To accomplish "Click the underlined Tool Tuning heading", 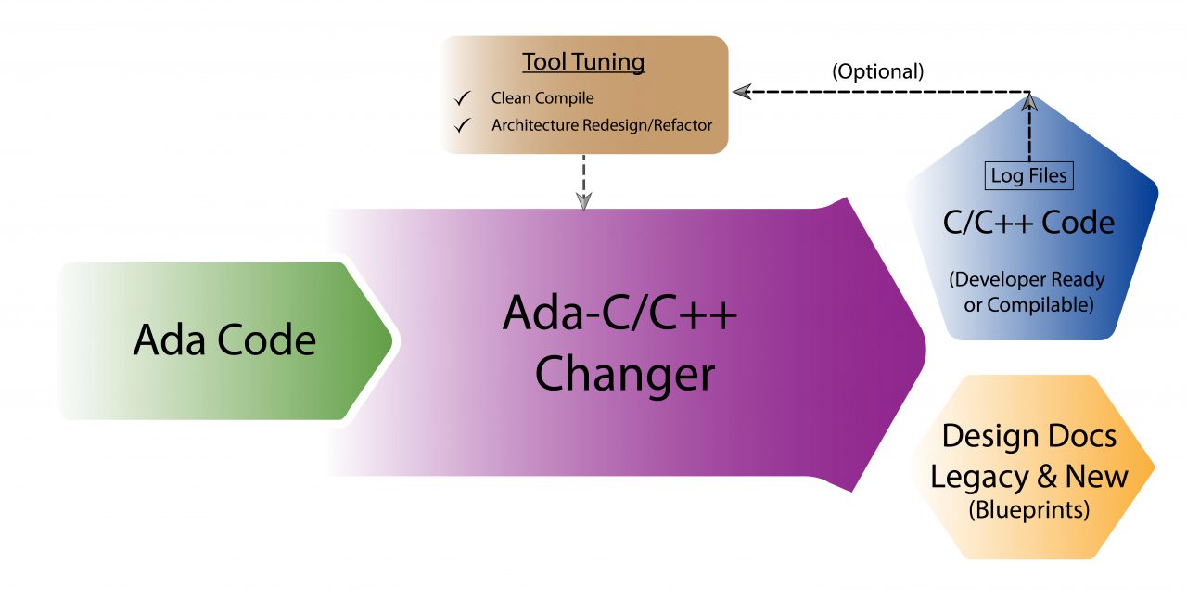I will tap(583, 62).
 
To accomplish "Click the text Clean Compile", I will tap(542, 97).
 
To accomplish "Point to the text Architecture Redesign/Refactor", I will tap(603, 124).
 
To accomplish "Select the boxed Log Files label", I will tap(1029, 175).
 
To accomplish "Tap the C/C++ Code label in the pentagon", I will tap(1028, 223).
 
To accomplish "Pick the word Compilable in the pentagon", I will tap(1047, 304).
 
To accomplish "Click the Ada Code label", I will tap(224, 340).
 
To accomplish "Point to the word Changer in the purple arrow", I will tap(625, 375).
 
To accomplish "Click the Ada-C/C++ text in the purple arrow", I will tap(619, 315).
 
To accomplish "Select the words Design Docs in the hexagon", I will tap(1029, 436).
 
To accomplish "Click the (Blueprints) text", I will tap(1028, 509).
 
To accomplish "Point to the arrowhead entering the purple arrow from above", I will tap(583, 200).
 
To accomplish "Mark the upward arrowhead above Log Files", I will tap(1029, 104).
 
